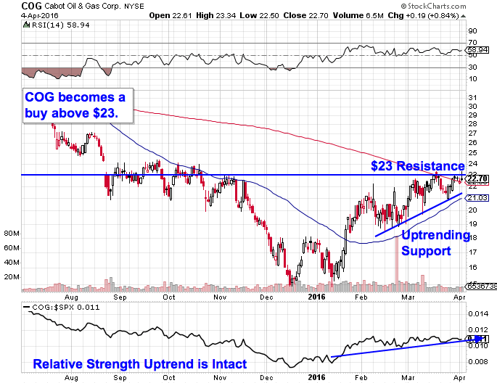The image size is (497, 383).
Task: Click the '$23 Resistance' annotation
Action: (x=417, y=166)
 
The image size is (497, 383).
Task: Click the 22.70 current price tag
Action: (x=476, y=178)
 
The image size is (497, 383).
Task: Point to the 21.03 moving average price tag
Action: (x=476, y=197)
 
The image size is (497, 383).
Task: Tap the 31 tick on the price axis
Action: (x=473, y=98)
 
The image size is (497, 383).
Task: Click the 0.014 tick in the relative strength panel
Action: (x=477, y=314)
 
